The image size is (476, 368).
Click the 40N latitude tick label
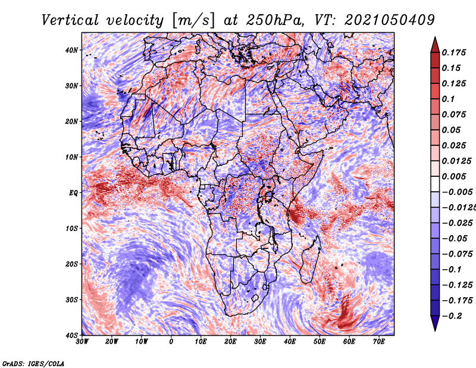coord(71,50)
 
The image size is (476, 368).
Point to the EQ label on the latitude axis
coord(73,193)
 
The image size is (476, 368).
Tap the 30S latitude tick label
coord(71,300)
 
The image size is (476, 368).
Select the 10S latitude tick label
coord(71,229)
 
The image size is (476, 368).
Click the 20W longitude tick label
coord(112,342)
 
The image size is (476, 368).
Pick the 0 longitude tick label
coord(171,342)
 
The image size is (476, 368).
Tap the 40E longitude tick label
coord(290,342)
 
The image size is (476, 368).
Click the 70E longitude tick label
coord(379,342)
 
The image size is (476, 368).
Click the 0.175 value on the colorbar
coord(454,52)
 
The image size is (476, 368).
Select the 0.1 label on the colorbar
coord(448,99)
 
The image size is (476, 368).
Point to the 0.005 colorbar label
coord(454,176)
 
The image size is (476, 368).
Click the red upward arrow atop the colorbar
coord(435,45)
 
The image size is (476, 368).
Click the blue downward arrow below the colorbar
coord(435,323)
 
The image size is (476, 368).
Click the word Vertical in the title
coord(70,20)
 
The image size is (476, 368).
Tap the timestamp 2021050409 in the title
coord(390,20)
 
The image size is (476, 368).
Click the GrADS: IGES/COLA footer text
coord(33,364)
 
